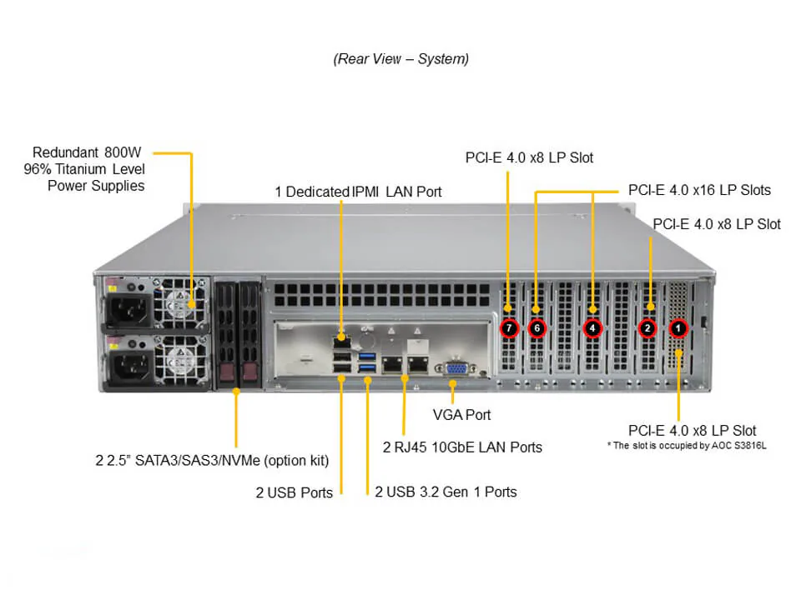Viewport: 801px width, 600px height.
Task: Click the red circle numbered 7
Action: pos(510,328)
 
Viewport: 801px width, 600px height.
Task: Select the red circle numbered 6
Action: pos(537,328)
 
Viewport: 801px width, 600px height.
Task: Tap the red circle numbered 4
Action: pos(592,328)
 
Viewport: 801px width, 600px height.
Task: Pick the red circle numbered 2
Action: pos(647,328)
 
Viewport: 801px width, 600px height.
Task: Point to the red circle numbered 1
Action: pos(678,328)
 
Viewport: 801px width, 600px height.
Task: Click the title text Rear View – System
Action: pos(400,59)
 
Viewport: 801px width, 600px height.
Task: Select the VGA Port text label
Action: pos(461,414)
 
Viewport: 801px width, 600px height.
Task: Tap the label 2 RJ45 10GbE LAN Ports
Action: pos(462,447)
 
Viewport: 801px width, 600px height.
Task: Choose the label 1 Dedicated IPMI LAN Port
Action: pos(359,192)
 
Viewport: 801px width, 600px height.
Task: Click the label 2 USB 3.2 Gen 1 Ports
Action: pos(446,492)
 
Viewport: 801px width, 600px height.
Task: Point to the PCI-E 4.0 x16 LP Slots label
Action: pos(699,190)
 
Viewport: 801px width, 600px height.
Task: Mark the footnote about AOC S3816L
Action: pos(687,446)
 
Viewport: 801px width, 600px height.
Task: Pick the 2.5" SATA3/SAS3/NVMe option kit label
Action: pos(212,460)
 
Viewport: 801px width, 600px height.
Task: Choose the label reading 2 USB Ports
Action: pos(294,492)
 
